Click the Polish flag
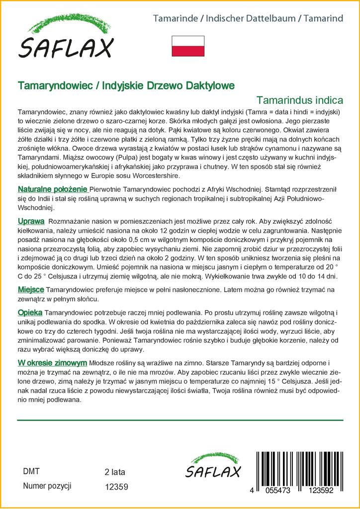188,46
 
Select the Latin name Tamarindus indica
300,99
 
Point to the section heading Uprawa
31,221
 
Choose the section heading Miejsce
31,289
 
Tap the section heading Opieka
30,312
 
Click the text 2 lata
115,472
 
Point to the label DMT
31,472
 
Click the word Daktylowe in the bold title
205,85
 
